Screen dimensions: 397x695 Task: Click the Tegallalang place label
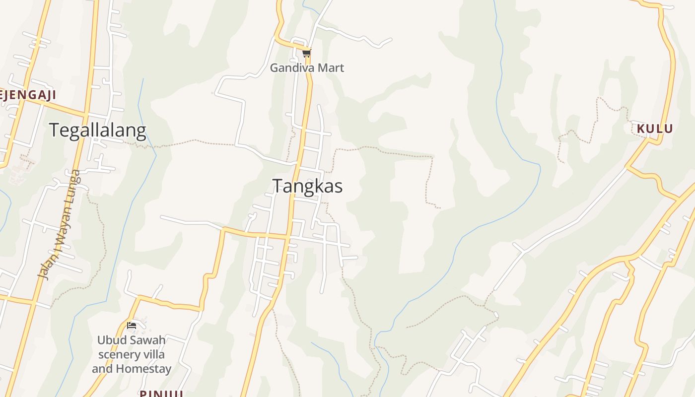(x=98, y=131)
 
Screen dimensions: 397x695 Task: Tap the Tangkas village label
(x=307, y=186)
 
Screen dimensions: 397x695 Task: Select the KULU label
(x=655, y=129)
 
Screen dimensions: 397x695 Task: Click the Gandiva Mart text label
(x=307, y=68)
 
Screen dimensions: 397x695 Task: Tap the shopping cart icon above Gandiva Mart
(x=306, y=53)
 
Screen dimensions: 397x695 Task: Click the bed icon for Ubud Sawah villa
(x=132, y=326)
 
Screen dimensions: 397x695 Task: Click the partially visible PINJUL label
(x=161, y=394)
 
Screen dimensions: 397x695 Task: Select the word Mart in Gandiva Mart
(x=332, y=68)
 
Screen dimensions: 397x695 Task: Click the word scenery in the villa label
(x=120, y=355)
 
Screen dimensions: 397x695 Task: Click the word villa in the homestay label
(x=154, y=355)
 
